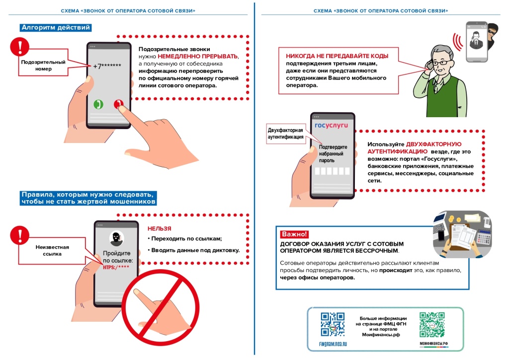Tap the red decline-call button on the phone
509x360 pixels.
118,104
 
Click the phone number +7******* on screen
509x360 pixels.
107,66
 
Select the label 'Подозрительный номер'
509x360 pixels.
43,66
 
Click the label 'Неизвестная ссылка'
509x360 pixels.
52,250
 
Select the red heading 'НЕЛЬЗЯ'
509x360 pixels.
159,229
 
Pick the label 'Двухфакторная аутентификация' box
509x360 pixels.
285,134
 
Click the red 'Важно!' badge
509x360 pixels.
294,234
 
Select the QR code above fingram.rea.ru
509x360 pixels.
333,324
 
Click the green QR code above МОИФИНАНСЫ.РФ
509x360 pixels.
431,324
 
